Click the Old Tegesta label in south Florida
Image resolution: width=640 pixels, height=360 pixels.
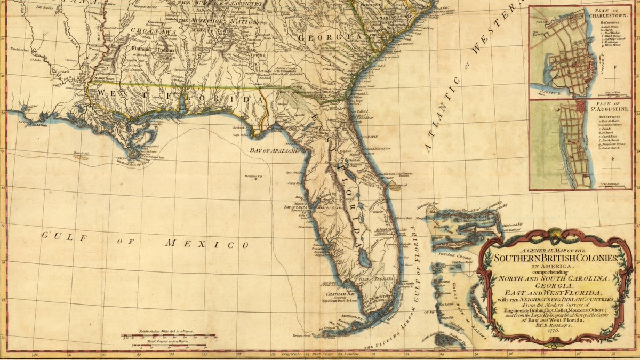[377, 279]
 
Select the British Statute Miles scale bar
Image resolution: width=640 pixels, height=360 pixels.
[169, 337]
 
